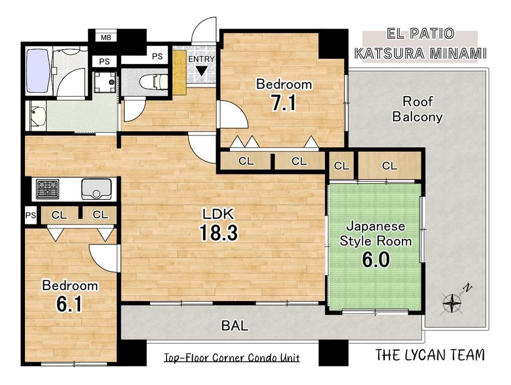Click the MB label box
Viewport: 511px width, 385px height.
[x=106, y=37]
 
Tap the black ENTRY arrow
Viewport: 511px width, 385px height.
[x=201, y=71]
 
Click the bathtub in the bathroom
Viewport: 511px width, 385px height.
[x=38, y=71]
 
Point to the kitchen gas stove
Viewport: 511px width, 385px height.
[x=48, y=189]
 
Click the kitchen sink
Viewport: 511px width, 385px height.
[x=97, y=189]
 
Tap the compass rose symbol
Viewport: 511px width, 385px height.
[x=452, y=303]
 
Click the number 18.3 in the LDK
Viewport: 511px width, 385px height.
[x=219, y=233]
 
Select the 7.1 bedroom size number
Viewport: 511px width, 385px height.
[x=284, y=103]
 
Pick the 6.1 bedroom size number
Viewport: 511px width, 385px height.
[x=69, y=304]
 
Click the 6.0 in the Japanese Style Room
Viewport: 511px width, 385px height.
[x=376, y=260]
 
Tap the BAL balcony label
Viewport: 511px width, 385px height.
[x=235, y=325]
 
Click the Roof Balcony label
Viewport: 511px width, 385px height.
[x=417, y=109]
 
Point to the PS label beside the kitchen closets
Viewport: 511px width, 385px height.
[x=31, y=215]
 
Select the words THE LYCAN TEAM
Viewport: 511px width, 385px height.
[x=430, y=355]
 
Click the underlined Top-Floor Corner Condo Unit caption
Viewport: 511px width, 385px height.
[x=231, y=358]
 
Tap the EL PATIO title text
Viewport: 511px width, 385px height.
[x=421, y=34]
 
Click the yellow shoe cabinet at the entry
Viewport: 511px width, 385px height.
[x=179, y=73]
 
